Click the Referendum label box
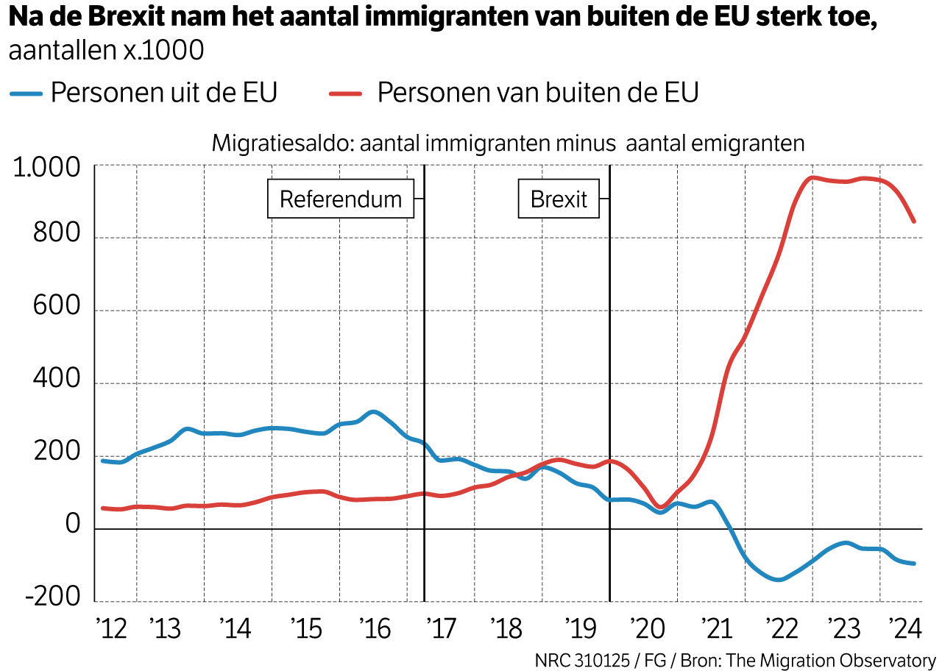pos(340,199)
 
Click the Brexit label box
pos(559,199)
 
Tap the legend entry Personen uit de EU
pos(163,93)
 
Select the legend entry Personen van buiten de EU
pos(537,93)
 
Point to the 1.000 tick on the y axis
pos(46,168)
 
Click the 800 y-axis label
pos(56,235)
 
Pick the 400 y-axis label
pos(56,380)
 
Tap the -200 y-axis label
pos(52,597)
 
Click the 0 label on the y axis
pos(72,525)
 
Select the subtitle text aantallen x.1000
pos(106,51)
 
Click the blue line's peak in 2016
pos(373,412)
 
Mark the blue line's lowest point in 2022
pos(777,580)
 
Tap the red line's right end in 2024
pos(914,221)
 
